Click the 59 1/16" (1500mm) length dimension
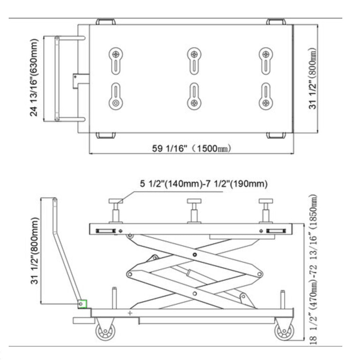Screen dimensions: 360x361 (x=192, y=148)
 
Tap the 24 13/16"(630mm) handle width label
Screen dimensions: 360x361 (x=34, y=78)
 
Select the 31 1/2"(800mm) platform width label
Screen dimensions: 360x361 (x=312, y=78)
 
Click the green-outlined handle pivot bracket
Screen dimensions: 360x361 (x=82, y=304)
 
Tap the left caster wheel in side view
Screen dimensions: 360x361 (x=105, y=331)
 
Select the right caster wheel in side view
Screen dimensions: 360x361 (x=284, y=331)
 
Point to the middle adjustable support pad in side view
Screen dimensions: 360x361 (x=194, y=211)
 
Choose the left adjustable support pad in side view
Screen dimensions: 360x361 (x=116, y=211)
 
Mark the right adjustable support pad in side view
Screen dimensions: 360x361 (x=266, y=211)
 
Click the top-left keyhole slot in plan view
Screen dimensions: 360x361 (x=116, y=61)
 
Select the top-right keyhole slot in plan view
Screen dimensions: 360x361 (x=266, y=61)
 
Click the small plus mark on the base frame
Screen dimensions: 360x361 (x=130, y=313)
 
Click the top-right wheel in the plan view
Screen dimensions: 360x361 (x=276, y=22)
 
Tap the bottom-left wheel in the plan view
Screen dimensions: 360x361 (x=106, y=135)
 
